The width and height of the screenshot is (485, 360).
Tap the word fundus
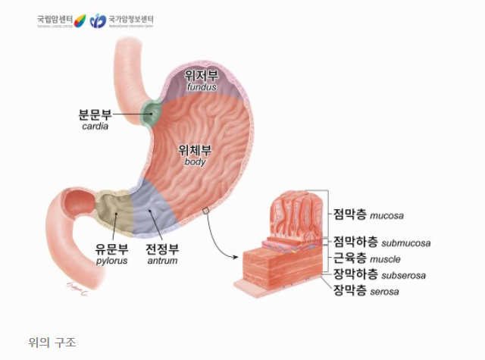[x=202, y=87]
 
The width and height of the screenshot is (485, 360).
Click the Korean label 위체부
[x=195, y=149]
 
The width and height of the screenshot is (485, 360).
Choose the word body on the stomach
[x=195, y=161]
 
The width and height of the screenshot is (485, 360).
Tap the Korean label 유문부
[x=111, y=249]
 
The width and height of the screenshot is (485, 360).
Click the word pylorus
[x=111, y=261]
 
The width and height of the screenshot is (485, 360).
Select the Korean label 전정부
[x=163, y=249]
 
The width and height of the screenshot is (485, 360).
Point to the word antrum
[x=163, y=261]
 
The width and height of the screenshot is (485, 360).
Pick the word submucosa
[x=405, y=243]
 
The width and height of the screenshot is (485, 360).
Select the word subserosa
[x=404, y=275]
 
